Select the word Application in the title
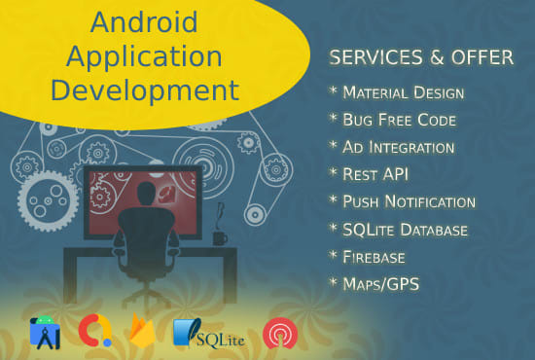[145, 56]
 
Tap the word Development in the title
[145, 90]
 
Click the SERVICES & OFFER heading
[421, 57]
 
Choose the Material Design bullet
[402, 92]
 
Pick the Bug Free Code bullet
[395, 120]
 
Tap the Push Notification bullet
[408, 201]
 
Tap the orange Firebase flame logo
[141, 333]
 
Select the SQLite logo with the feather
[208, 333]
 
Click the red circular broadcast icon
[280, 333]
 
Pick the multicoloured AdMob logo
[92, 333]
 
